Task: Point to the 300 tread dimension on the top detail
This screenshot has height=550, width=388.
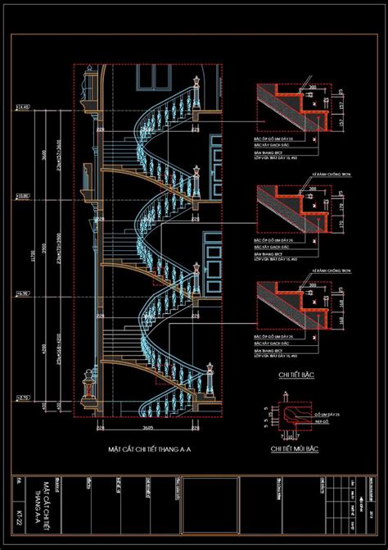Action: pyautogui.click(x=312, y=86)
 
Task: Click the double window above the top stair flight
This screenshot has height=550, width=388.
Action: pyautogui.click(x=152, y=76)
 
